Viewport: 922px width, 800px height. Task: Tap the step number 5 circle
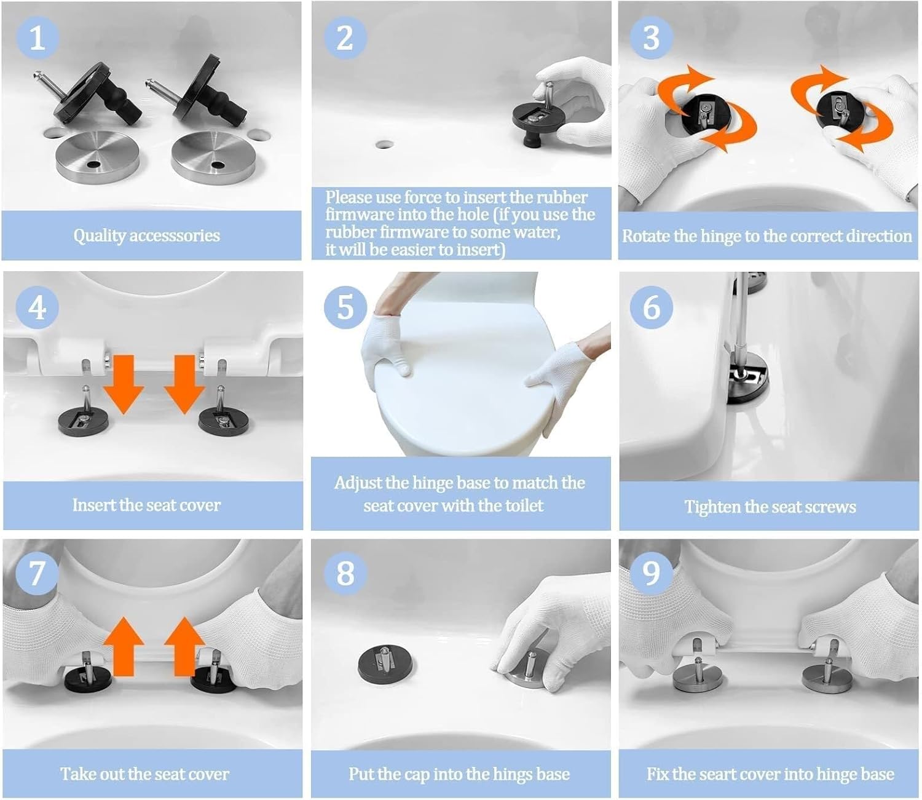click(x=345, y=306)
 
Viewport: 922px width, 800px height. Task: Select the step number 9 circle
click(x=651, y=573)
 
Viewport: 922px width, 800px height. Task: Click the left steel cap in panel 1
click(x=98, y=156)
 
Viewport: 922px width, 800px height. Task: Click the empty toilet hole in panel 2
click(x=385, y=145)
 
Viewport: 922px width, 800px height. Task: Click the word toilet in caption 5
click(x=524, y=506)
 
